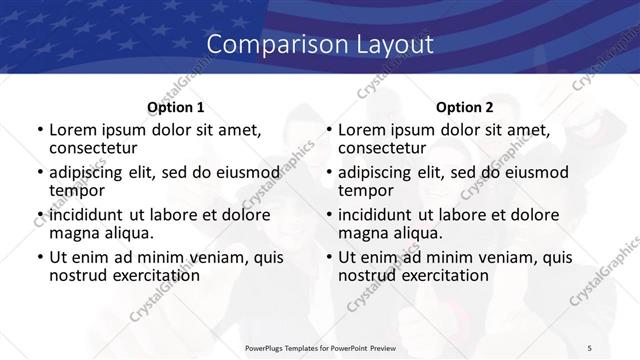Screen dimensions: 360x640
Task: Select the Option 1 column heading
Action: [x=175, y=107]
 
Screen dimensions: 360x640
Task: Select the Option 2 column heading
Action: [x=464, y=107]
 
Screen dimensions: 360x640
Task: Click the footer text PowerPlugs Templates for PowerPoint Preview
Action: [x=319, y=347]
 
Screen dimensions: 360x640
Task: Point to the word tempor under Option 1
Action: [x=75, y=190]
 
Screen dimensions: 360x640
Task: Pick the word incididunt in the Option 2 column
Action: [x=378, y=215]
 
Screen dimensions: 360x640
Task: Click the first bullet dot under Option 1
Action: [x=39, y=131]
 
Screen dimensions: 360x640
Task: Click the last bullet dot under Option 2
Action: [x=328, y=258]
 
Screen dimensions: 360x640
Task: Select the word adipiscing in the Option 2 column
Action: [x=380, y=172]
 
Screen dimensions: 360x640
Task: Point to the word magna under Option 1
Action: [x=73, y=233]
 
